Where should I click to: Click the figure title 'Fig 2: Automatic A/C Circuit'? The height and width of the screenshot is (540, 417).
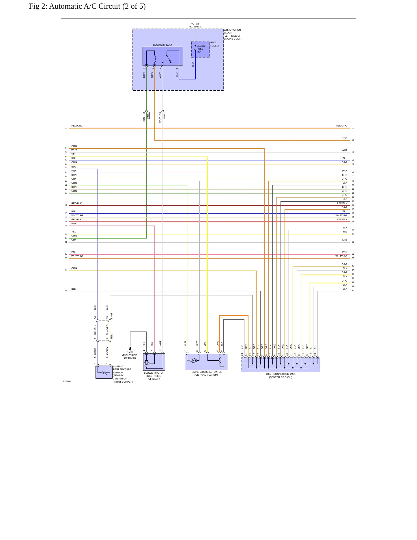click(x=75, y=6)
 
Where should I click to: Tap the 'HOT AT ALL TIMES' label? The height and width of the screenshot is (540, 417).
click(x=195, y=25)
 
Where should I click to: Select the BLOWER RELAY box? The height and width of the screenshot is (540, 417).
click(x=163, y=56)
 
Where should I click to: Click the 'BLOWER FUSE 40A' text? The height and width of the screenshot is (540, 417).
click(x=202, y=49)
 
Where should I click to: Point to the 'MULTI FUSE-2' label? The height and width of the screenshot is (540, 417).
click(x=214, y=44)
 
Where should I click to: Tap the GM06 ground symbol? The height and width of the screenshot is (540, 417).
click(x=130, y=349)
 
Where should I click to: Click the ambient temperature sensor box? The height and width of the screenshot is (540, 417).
click(x=104, y=372)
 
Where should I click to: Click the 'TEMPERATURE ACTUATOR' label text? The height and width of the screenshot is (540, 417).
click(x=206, y=372)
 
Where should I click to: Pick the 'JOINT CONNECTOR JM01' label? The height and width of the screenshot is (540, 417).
click(x=281, y=374)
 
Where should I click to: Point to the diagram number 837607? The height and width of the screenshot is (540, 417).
click(x=67, y=381)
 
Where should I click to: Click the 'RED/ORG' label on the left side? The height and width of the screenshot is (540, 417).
click(x=77, y=126)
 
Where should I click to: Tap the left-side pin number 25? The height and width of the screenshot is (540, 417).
click(x=66, y=291)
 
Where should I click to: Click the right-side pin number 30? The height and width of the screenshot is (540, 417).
click(x=353, y=291)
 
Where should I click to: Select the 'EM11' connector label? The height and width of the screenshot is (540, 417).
click(x=112, y=316)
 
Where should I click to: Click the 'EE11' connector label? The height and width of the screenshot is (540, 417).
click(x=112, y=337)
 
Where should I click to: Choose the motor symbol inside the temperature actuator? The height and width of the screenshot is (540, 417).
click(x=193, y=360)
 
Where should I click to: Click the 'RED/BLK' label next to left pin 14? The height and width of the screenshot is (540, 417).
click(x=76, y=203)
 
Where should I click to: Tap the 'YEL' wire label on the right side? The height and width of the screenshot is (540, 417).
click(x=345, y=232)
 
